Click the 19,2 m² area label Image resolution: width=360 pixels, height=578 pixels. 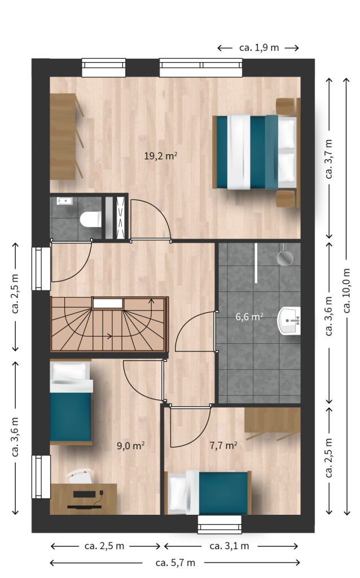click(161, 156)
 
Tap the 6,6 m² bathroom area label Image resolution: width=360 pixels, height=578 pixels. click(249, 317)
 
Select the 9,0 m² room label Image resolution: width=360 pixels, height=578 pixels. click(130, 446)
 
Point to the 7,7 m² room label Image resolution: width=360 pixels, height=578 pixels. click(223, 446)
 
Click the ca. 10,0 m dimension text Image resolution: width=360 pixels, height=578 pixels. click(346, 291)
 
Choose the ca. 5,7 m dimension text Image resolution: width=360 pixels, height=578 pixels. click(175, 563)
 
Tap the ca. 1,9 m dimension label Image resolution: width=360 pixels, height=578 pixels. click(258, 47)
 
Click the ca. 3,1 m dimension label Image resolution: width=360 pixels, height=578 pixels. click(229, 546)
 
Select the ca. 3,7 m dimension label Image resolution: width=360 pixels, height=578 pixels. click(328, 159)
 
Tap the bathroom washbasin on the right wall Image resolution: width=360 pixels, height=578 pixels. click(289, 321)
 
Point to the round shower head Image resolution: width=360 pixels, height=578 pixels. click(285, 257)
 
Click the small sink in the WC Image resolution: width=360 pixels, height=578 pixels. click(65, 201)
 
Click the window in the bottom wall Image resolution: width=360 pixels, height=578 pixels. click(219, 524)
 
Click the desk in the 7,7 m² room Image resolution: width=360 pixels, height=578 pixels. click(273, 420)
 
